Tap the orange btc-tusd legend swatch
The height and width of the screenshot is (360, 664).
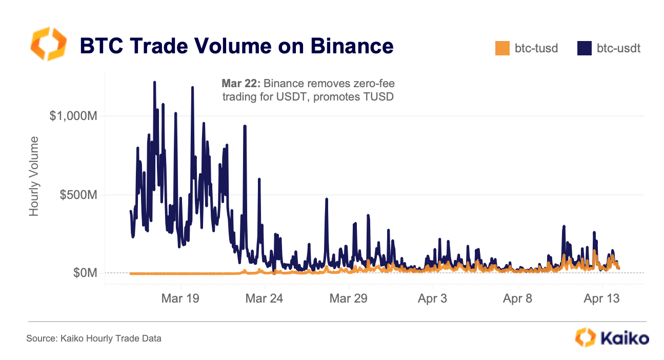pos(502,49)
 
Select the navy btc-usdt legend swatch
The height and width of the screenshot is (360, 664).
pos(584,49)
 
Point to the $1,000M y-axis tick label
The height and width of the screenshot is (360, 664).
pos(74,116)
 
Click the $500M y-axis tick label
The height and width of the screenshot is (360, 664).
pos(78,195)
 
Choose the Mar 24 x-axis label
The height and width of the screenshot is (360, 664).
pos(264,298)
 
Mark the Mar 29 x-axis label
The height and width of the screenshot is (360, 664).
pos(348,298)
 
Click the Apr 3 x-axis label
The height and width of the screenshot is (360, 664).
pos(432,298)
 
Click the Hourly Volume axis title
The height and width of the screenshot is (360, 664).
pos(34,176)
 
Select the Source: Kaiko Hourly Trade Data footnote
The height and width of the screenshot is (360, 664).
pos(94,338)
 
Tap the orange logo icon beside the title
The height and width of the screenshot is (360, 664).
pos(49,45)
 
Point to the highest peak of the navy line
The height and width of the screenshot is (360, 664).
pos(154,82)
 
